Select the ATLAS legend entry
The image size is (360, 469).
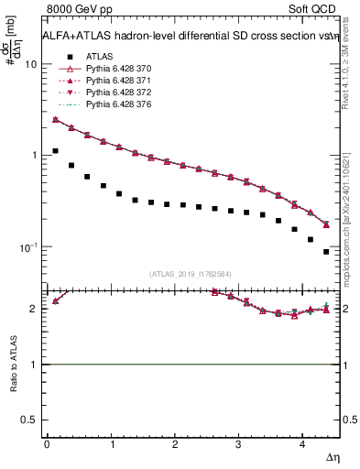(x=100, y=56)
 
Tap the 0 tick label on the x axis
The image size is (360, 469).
(x=47, y=444)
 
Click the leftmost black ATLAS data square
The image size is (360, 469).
(x=55, y=151)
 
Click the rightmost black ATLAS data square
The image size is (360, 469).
(x=326, y=252)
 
